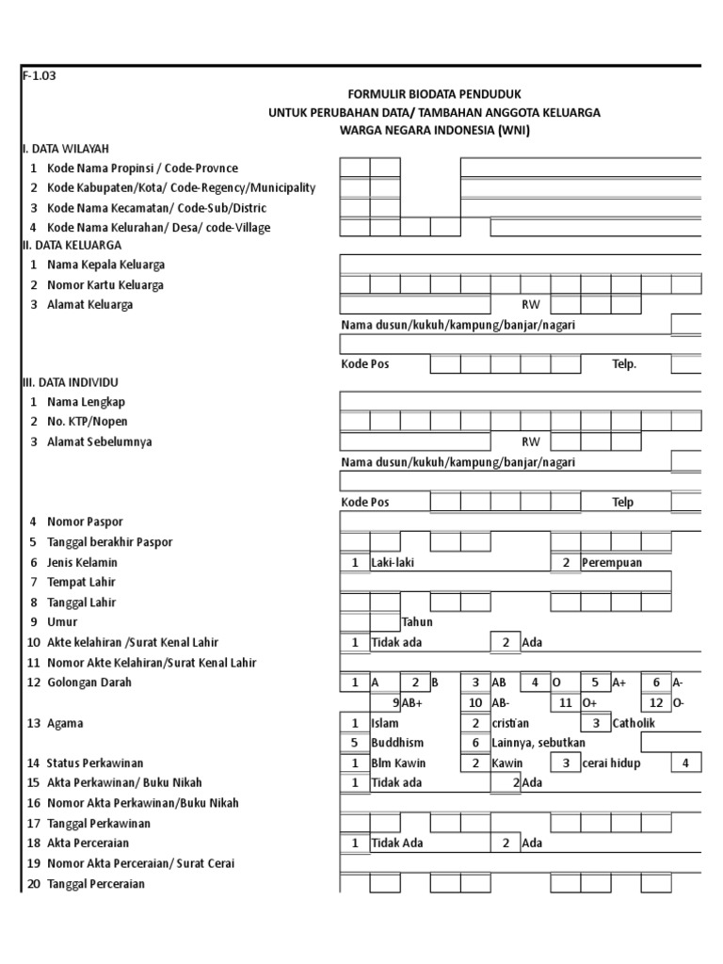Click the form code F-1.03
click(x=39, y=77)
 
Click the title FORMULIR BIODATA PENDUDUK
click(x=434, y=95)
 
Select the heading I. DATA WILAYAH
click(x=66, y=149)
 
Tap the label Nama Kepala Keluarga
click(x=105, y=265)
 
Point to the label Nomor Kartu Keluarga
click(x=105, y=285)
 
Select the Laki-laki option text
click(x=393, y=563)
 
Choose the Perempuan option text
click(x=612, y=563)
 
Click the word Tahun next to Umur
click(x=416, y=622)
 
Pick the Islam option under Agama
click(x=385, y=724)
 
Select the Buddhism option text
click(x=398, y=743)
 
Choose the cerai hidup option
click(x=612, y=763)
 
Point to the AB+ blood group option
click(x=413, y=703)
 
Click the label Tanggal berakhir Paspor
click(x=110, y=542)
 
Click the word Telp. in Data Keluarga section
click(x=624, y=364)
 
